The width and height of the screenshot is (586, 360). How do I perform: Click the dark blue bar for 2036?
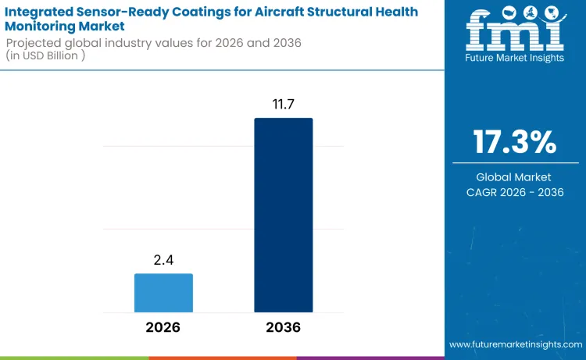pos(283,216)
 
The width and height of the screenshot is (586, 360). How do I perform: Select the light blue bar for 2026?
pos(163,293)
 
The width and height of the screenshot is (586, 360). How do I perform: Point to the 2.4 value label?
pos(163,258)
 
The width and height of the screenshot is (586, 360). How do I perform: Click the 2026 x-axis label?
pos(163,328)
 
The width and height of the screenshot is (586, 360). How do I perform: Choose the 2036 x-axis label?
pos(283,328)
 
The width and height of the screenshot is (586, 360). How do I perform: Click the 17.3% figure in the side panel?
pos(514,143)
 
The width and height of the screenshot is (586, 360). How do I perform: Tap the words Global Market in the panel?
pos(514,177)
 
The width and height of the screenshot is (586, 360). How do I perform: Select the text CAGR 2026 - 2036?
pos(514,193)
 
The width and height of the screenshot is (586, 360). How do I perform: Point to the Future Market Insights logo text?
pos(514,58)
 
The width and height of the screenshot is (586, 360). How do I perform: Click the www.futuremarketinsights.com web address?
pos(515,344)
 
